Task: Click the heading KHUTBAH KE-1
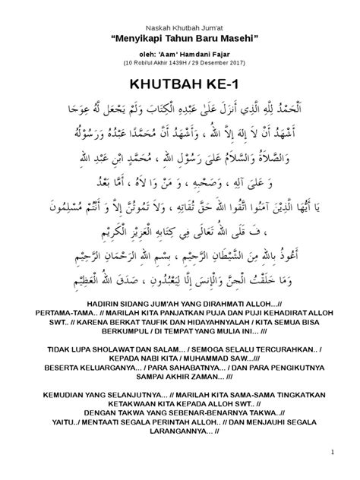coord(179,84)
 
